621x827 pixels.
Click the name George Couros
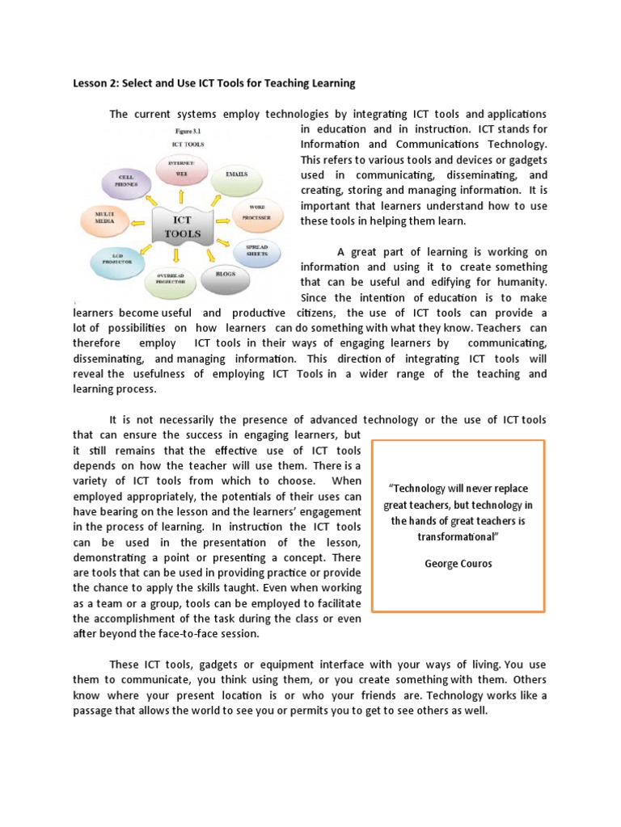tap(458, 564)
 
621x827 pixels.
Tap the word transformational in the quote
tap(458, 535)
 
